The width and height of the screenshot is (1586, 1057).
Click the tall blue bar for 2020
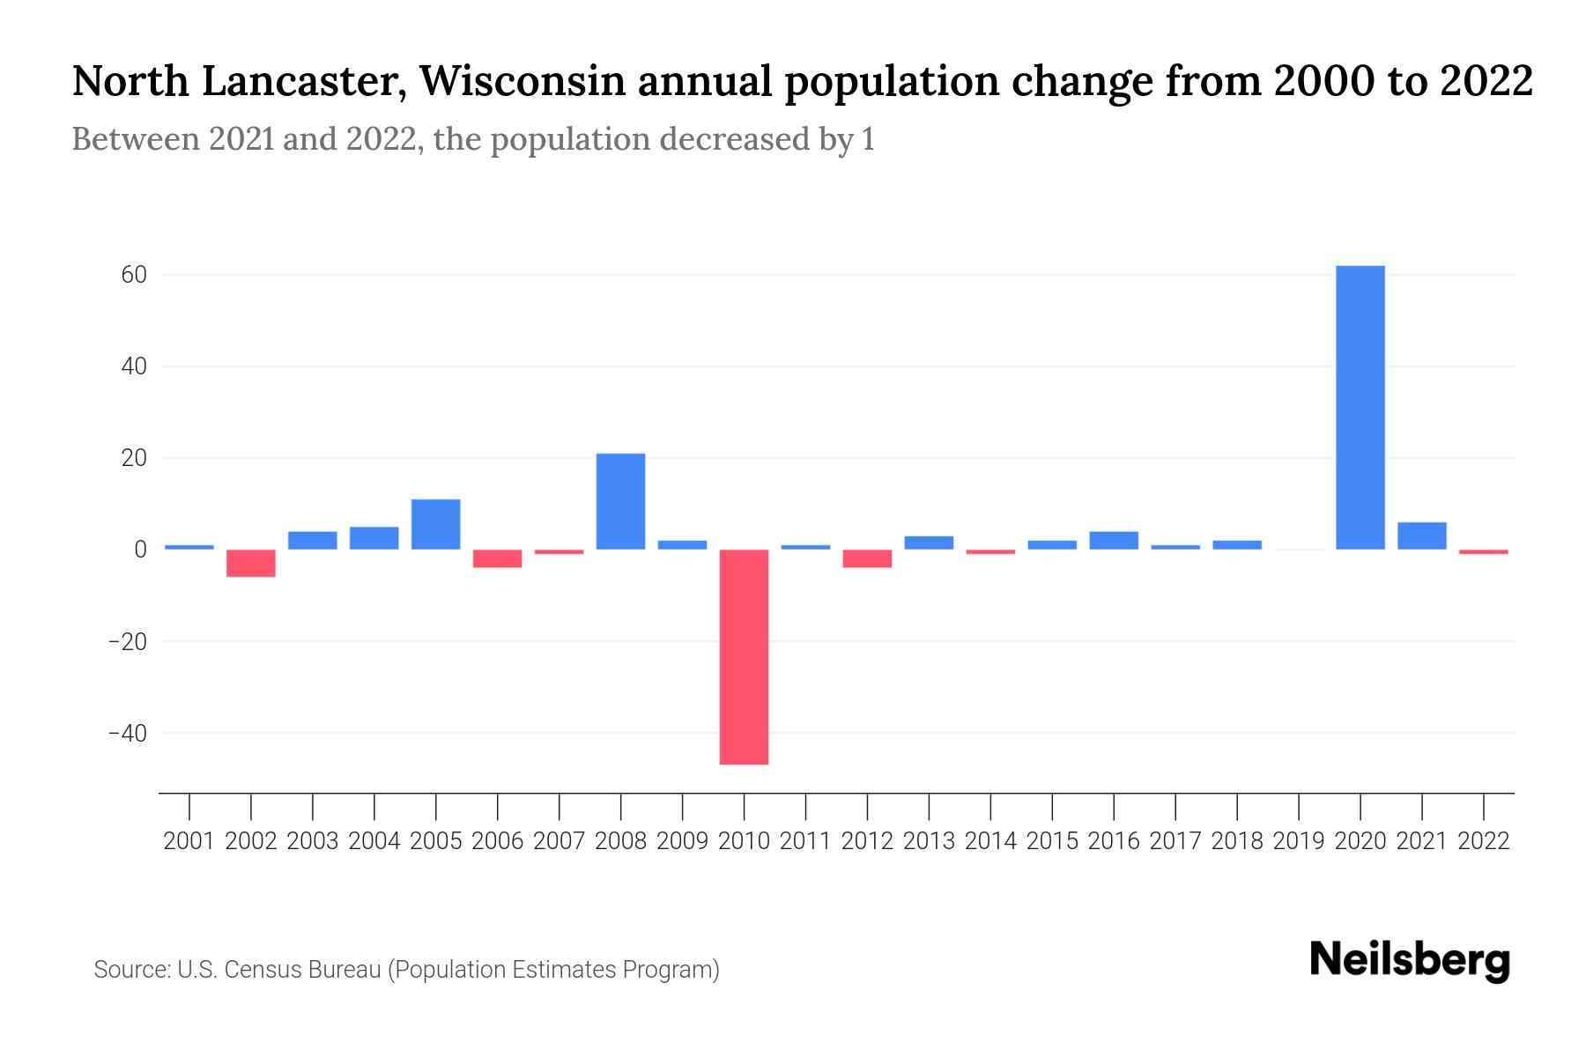(x=1360, y=407)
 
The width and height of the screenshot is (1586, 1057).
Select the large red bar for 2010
(x=744, y=656)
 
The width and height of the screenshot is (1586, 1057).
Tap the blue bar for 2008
(x=620, y=501)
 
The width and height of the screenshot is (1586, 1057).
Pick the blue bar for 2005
(x=435, y=524)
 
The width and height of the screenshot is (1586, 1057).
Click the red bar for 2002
(x=251, y=563)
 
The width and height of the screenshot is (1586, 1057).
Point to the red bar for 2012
(x=867, y=558)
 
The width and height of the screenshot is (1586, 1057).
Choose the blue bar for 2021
(x=1421, y=536)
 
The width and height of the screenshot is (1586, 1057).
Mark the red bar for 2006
(x=497, y=558)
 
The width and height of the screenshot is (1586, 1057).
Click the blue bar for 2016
(x=1114, y=540)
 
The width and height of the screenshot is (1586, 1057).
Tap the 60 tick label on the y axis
(x=135, y=275)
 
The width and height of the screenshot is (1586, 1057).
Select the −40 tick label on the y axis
(x=127, y=733)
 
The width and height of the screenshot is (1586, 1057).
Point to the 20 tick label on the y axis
(x=135, y=458)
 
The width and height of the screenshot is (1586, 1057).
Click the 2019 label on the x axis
(x=1298, y=841)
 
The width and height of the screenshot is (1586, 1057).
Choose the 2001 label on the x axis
(x=189, y=841)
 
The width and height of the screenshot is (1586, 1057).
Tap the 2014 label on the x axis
(x=990, y=841)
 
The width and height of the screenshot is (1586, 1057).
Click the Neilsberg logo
(x=1410, y=960)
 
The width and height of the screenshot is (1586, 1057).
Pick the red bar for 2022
(x=1483, y=551)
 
